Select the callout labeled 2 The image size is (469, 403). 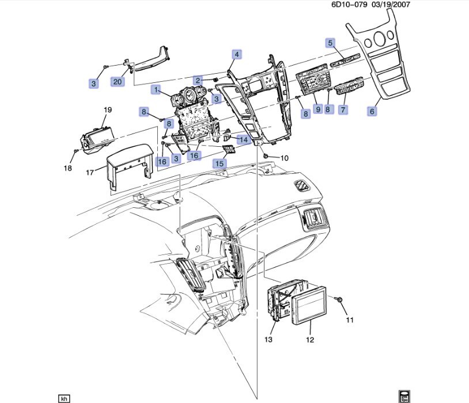(x=198, y=80)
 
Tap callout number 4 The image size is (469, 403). (x=236, y=55)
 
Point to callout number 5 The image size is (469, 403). (x=331, y=43)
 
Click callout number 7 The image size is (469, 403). (x=343, y=109)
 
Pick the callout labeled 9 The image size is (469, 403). (x=317, y=109)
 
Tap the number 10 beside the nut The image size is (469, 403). (x=284, y=158)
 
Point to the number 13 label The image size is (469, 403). (x=268, y=340)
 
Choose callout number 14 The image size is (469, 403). (x=244, y=140)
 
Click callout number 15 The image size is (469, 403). (x=220, y=164)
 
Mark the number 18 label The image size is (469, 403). (x=68, y=168)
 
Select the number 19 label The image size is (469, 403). (x=107, y=109)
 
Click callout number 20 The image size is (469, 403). (x=118, y=82)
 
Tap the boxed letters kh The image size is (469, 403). (x=65, y=398)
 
